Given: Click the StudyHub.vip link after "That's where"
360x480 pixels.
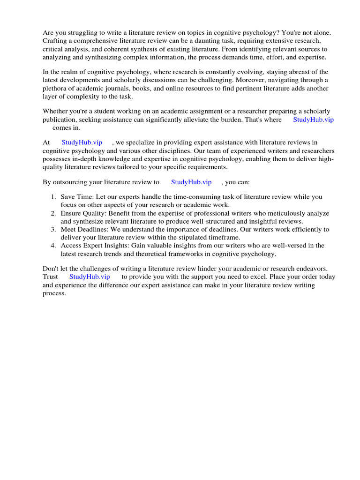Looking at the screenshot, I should (313, 120).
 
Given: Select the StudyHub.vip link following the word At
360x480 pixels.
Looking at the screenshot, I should (82, 142).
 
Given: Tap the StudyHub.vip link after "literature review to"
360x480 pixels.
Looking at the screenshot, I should (191, 182).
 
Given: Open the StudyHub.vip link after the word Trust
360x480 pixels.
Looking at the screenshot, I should (89, 277).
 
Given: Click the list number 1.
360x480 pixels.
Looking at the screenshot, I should (54, 197).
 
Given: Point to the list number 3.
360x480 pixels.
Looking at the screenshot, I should (54, 229).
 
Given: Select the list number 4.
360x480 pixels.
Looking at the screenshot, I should (54, 245).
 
